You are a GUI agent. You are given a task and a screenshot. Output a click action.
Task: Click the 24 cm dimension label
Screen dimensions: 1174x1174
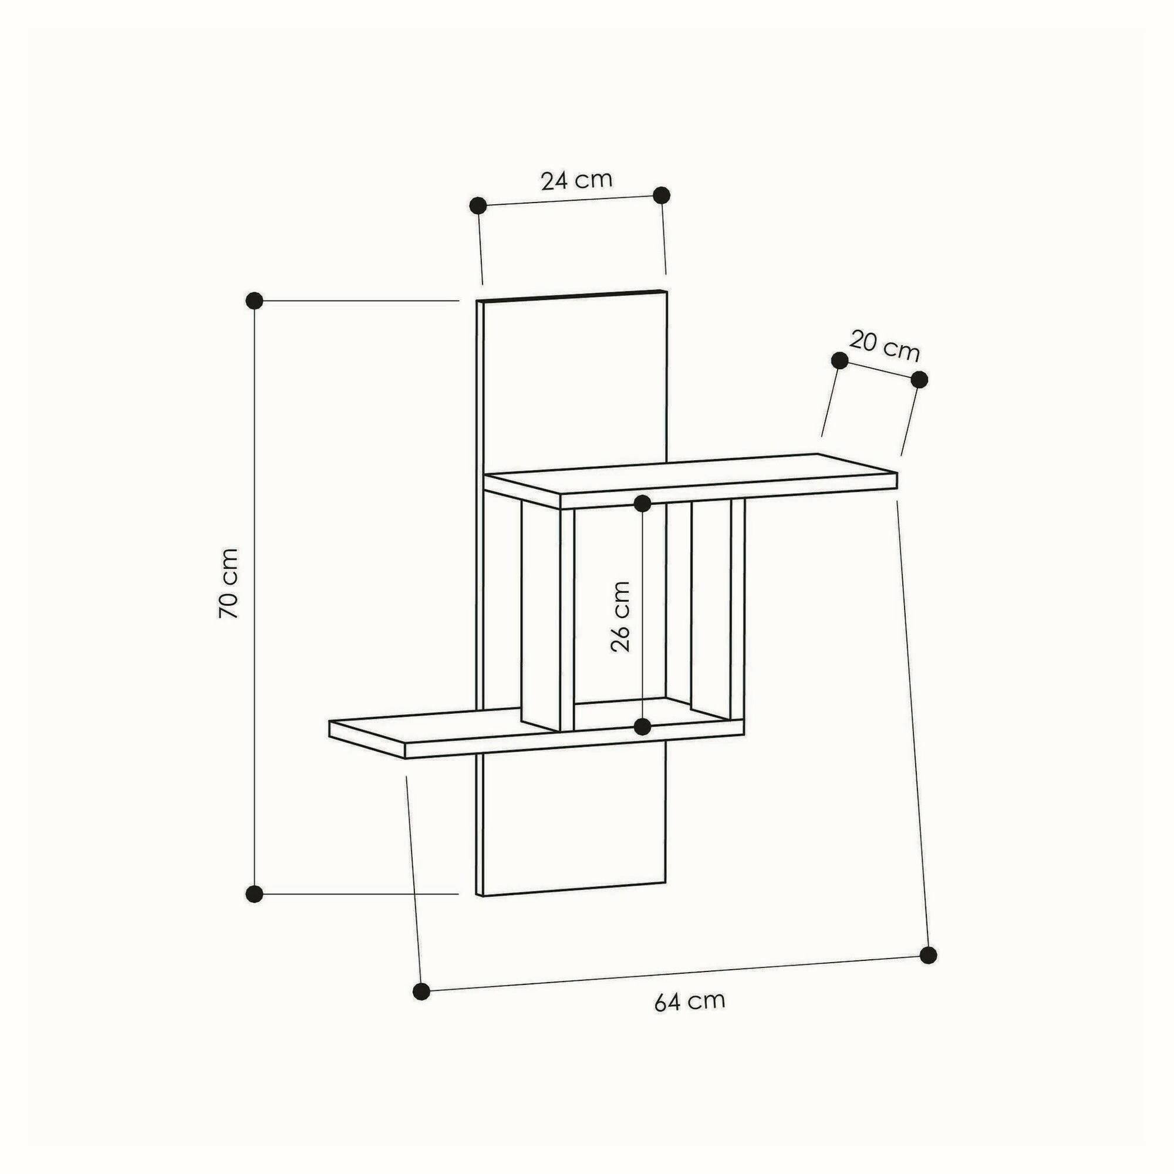coord(576,180)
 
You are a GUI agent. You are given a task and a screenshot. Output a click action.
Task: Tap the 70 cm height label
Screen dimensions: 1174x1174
coord(228,583)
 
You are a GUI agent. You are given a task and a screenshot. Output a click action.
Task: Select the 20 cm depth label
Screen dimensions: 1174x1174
coord(884,346)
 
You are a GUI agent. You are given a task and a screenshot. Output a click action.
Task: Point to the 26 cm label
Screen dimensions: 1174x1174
coord(620,616)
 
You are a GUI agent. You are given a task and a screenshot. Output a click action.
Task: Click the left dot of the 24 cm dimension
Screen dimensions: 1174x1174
coord(478,205)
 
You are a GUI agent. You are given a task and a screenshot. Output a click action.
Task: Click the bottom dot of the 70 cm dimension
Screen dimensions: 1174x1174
coord(255,894)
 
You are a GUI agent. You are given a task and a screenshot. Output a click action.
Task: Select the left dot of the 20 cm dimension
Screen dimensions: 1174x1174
coord(840,360)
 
